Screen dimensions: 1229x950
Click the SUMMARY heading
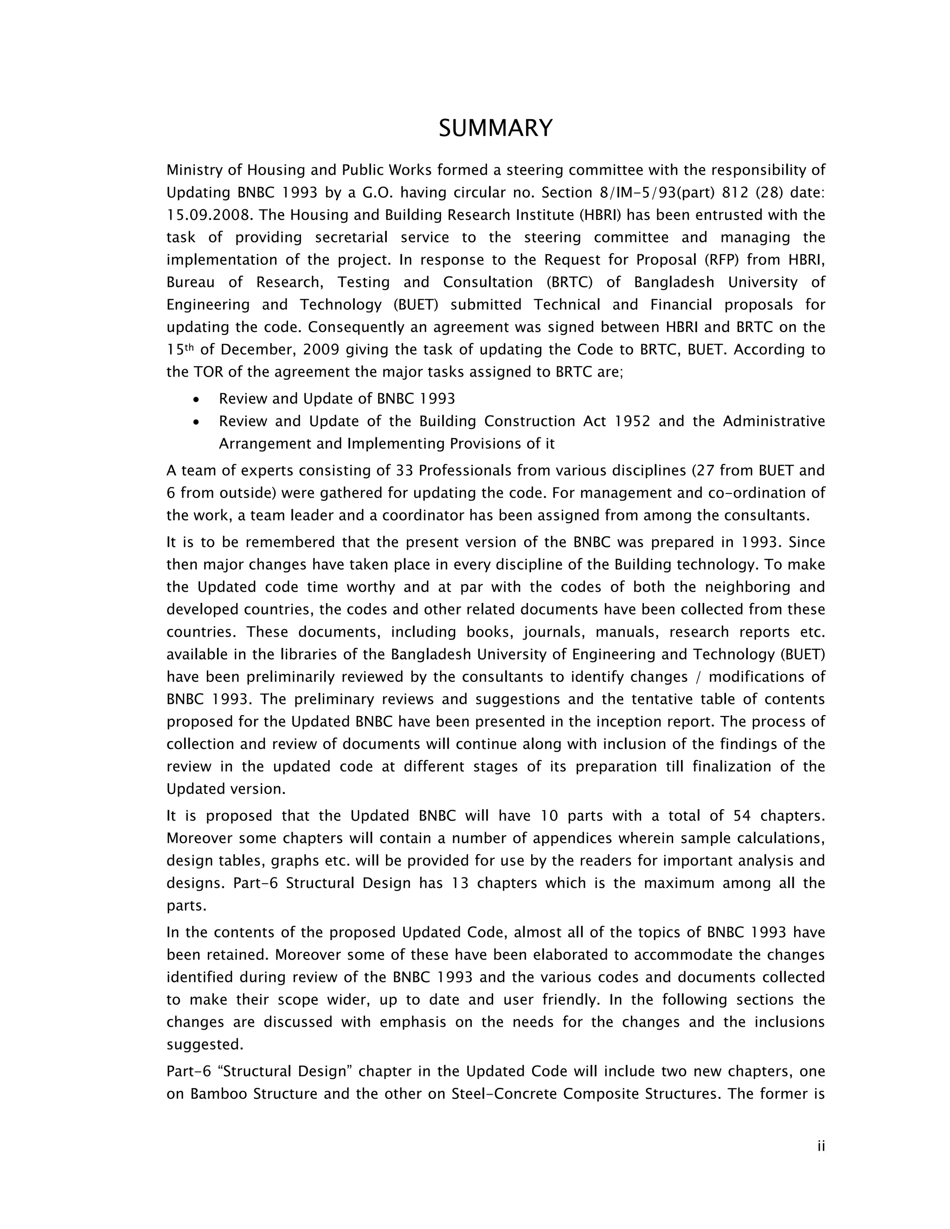[x=495, y=128]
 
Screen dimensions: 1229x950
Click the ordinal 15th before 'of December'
[x=180, y=350]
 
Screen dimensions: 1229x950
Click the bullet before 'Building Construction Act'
[x=195, y=422]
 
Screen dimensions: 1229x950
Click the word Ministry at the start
[x=192, y=170]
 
